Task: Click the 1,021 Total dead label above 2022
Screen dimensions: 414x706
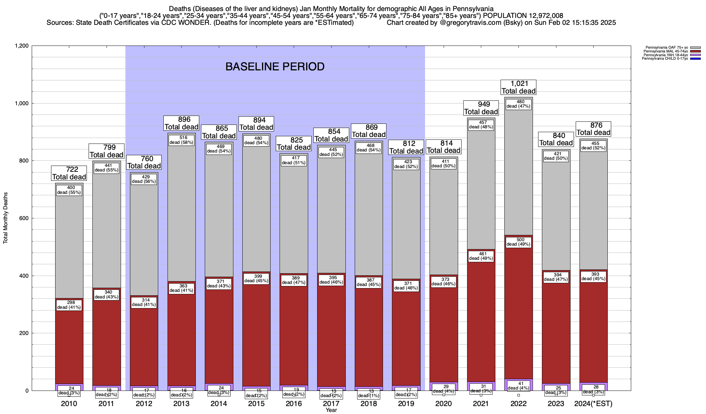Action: [x=518, y=87]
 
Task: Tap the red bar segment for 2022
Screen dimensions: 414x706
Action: [x=518, y=310]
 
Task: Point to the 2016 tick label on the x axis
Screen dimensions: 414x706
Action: [x=294, y=404]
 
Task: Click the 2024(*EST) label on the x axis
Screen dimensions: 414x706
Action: [x=593, y=404]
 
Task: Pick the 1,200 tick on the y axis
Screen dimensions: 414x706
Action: [x=21, y=46]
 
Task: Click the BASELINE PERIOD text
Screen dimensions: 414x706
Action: [x=275, y=67]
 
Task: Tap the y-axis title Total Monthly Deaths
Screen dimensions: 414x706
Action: [x=6, y=218]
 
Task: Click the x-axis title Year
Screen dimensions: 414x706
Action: [x=331, y=410]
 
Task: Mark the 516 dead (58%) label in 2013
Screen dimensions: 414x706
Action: [x=181, y=140]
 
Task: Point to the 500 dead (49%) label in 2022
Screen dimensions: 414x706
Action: [x=518, y=242]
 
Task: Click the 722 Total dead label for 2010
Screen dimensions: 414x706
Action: [x=69, y=173]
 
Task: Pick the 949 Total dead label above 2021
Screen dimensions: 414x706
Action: [x=481, y=108]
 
